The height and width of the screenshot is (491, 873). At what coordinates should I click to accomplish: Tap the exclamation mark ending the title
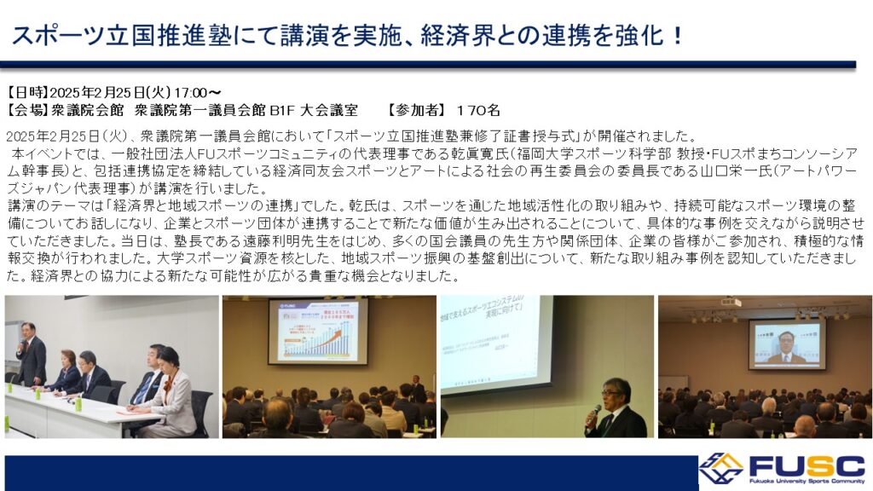677,36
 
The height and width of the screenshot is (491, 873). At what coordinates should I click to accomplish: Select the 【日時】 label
28,92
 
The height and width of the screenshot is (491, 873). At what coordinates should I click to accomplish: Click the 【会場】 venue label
28,110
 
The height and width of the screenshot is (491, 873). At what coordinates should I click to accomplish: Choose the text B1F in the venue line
281,110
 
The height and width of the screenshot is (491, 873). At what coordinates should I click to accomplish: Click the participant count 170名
477,110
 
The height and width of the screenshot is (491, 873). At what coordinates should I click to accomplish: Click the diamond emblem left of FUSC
721,468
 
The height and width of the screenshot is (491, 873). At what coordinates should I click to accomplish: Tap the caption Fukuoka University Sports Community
807,481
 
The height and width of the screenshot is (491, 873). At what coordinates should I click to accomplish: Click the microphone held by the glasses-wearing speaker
593,413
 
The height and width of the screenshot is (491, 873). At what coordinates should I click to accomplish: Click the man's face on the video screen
785,341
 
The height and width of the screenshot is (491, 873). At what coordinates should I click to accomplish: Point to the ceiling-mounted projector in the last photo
731,303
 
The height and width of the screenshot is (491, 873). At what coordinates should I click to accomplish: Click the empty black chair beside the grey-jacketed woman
199,412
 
